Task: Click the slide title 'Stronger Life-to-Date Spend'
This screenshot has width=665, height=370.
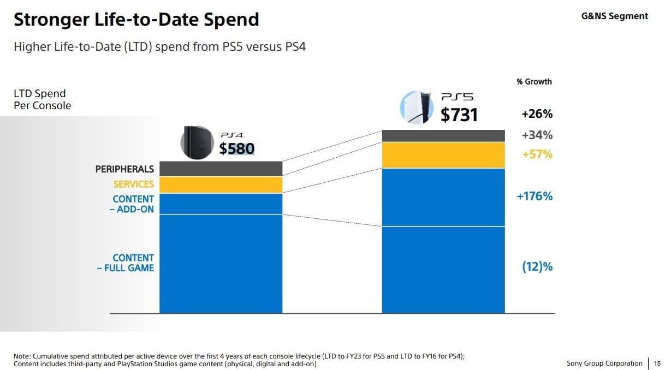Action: (x=136, y=20)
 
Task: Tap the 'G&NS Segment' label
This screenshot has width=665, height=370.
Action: (x=614, y=16)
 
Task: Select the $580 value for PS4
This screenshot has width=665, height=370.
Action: (x=237, y=149)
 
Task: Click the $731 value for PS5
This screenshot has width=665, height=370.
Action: (x=459, y=115)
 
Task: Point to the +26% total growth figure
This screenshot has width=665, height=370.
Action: (x=537, y=114)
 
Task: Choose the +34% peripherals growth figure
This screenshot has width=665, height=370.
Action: (x=537, y=135)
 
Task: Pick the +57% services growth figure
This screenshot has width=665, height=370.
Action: (x=537, y=154)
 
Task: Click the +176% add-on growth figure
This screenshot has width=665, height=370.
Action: (x=535, y=196)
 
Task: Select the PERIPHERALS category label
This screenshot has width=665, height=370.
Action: (x=124, y=169)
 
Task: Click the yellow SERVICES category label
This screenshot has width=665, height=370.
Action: (x=133, y=184)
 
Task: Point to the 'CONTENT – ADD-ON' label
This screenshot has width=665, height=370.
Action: (x=133, y=204)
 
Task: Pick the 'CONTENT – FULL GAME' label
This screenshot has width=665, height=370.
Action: (x=126, y=262)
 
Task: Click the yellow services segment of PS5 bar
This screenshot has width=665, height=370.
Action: (x=443, y=155)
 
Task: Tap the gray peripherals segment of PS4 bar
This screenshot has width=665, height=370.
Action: (x=221, y=169)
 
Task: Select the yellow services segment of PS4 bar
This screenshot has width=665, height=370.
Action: (x=221, y=184)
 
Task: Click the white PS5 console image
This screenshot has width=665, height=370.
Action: (x=417, y=108)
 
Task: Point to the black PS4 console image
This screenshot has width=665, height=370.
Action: (x=198, y=142)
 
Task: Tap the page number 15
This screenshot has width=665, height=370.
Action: (x=657, y=363)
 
